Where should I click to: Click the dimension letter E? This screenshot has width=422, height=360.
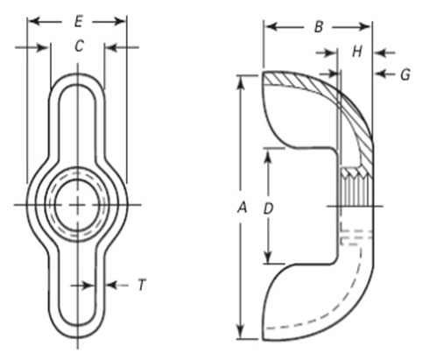[77, 18]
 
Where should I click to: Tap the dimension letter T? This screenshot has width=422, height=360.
[141, 285]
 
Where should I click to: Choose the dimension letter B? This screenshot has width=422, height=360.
[319, 27]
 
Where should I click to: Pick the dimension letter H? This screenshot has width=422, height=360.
[356, 52]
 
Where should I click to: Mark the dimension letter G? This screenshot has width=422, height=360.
[404, 75]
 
